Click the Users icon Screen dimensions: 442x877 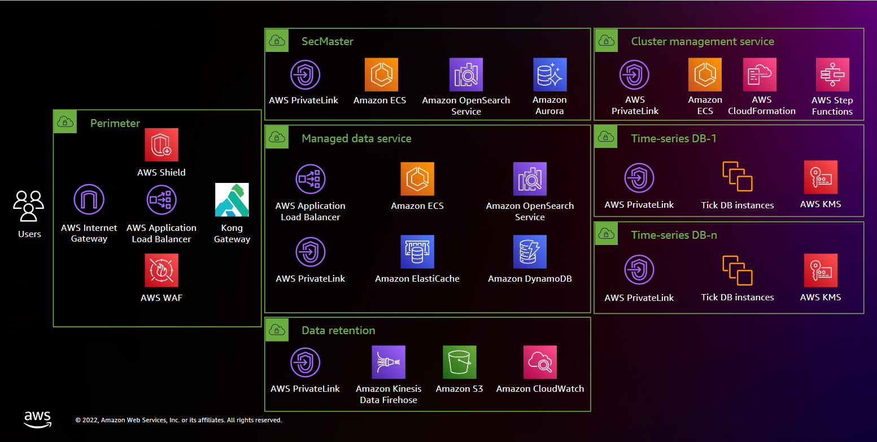click(x=29, y=207)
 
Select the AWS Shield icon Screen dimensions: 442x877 click(x=161, y=145)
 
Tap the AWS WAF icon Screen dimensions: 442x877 click(x=161, y=270)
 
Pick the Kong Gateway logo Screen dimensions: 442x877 click(x=232, y=200)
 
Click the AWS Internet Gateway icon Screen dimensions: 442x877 click(x=89, y=200)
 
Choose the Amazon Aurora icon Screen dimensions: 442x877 click(x=549, y=75)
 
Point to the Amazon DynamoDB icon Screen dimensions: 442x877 click(x=530, y=252)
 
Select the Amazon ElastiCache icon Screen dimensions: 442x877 click(x=417, y=252)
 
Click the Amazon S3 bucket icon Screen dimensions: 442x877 click(x=459, y=362)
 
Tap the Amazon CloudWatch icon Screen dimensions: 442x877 click(x=540, y=362)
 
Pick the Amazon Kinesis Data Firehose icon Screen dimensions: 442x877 click(x=389, y=362)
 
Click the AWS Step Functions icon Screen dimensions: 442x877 click(x=832, y=75)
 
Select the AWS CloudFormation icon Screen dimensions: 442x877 click(x=760, y=75)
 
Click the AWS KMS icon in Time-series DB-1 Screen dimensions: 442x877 click(x=821, y=177)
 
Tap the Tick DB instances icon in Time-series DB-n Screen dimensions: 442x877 click(x=737, y=270)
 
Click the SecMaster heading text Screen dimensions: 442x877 click(x=328, y=41)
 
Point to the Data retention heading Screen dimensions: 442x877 click(x=338, y=330)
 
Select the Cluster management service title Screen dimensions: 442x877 click(x=703, y=41)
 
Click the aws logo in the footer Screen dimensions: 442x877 click(x=37, y=419)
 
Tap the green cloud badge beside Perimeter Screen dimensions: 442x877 click(x=65, y=122)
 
